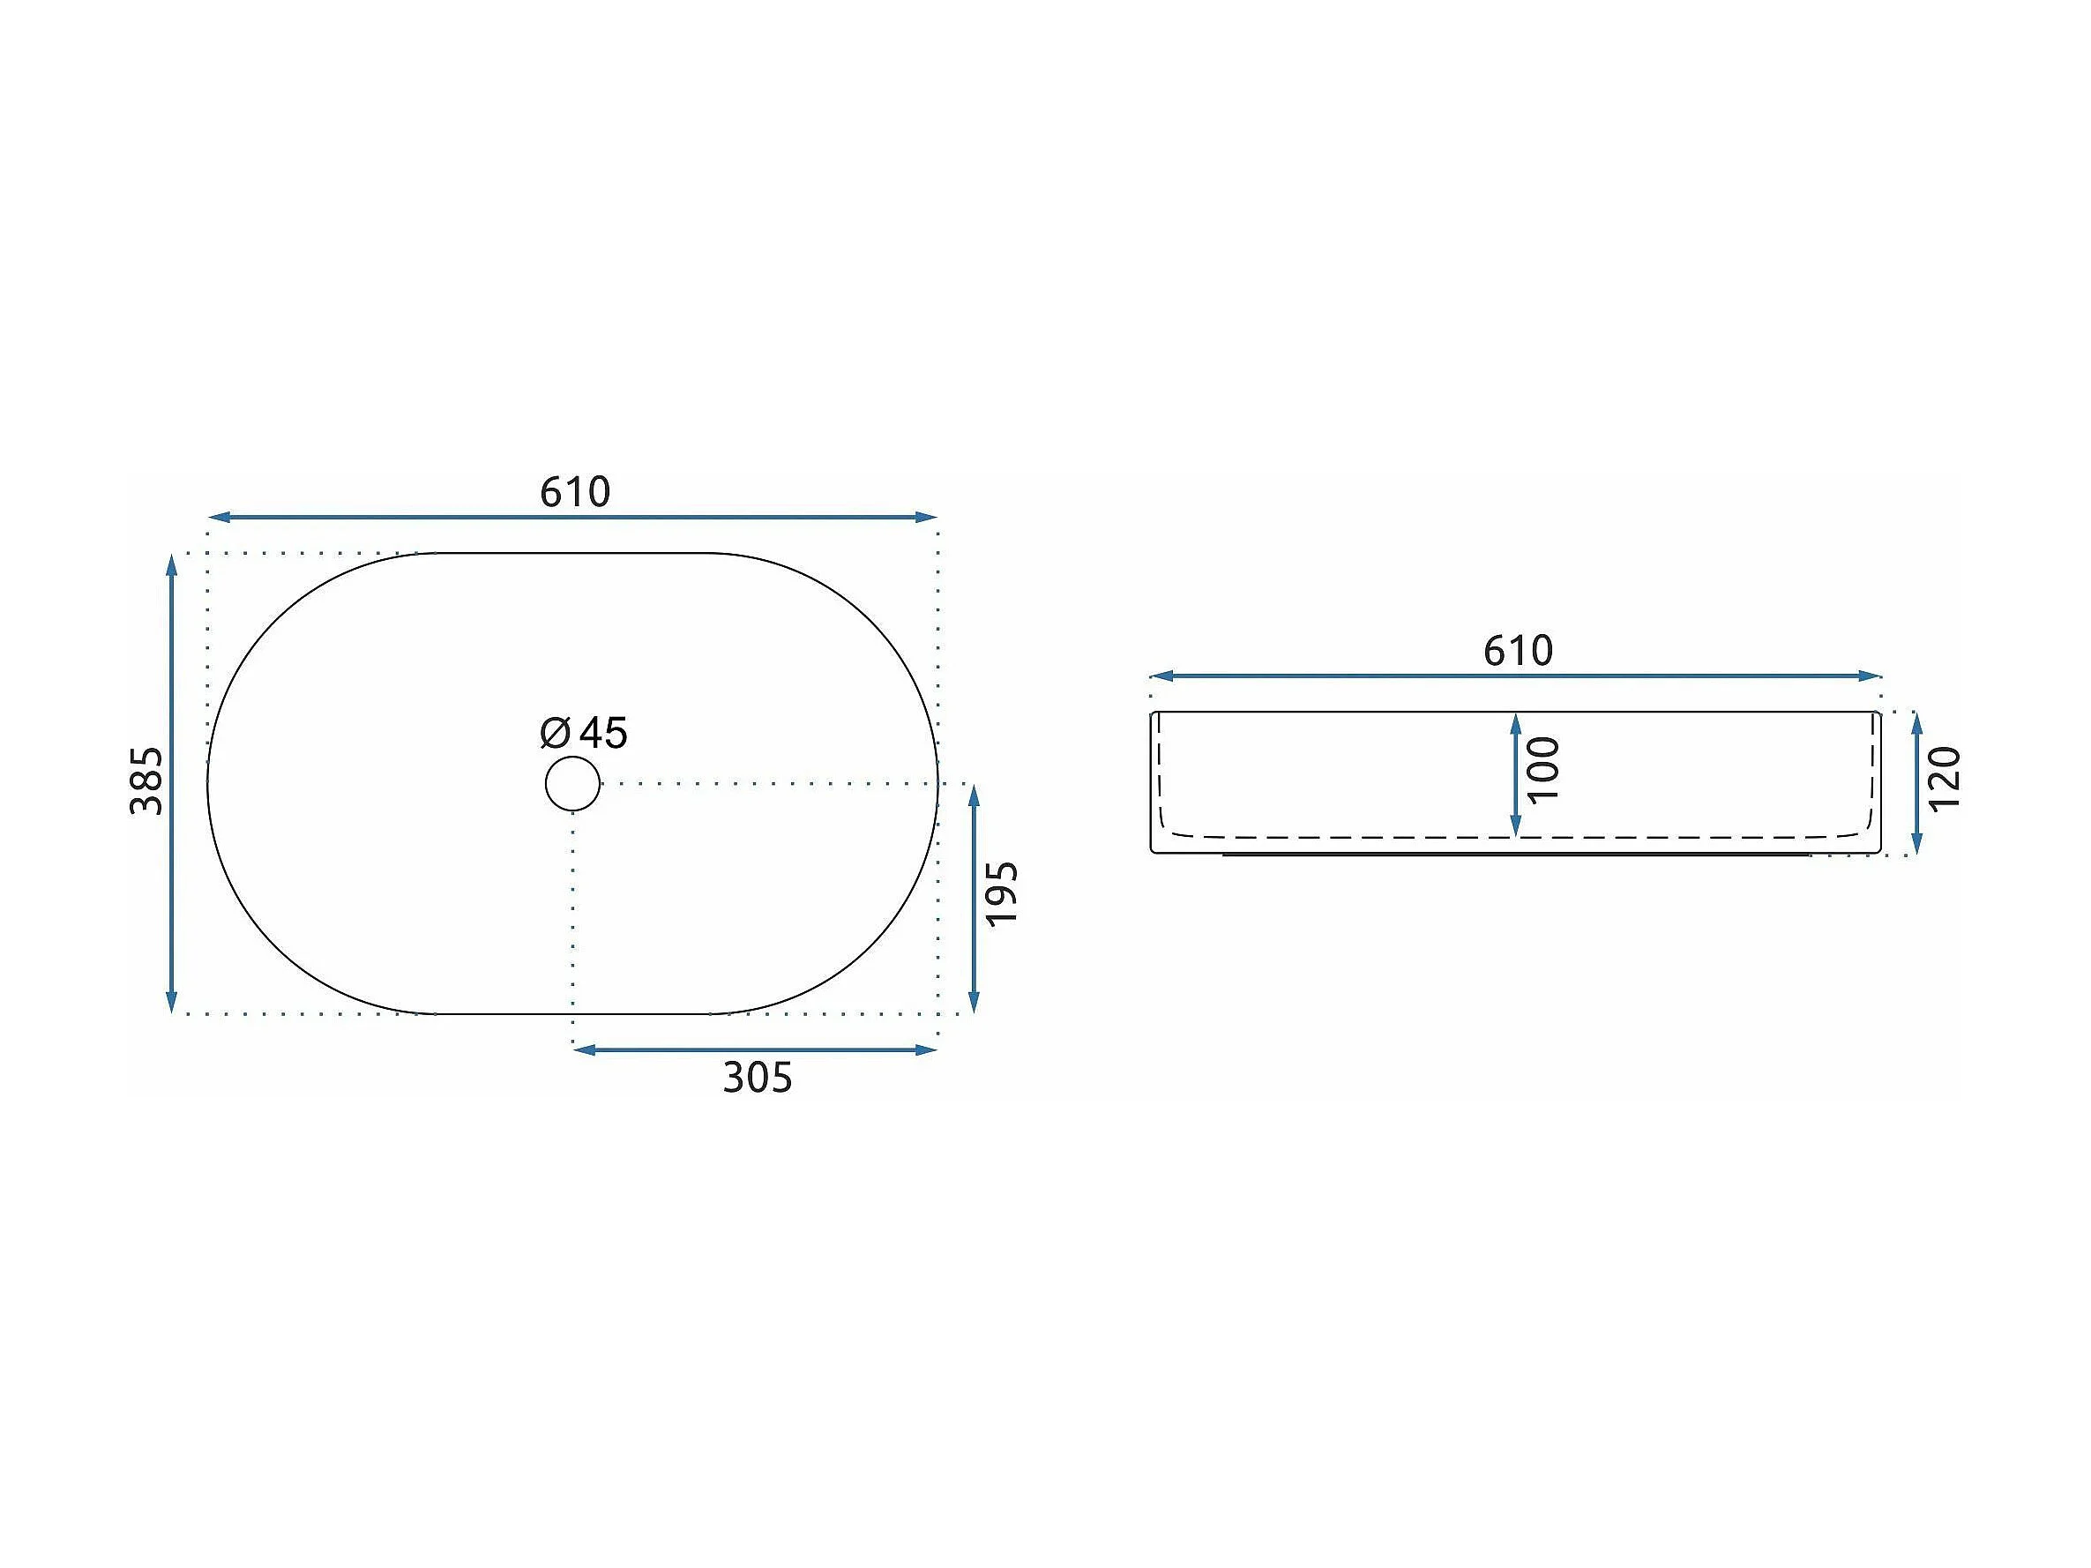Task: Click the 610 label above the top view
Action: tap(575, 492)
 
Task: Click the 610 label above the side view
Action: tap(1517, 651)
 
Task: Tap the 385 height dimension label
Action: tap(146, 780)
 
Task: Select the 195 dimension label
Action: tap(1002, 893)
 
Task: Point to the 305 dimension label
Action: tap(758, 1078)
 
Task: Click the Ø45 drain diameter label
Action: tap(583, 733)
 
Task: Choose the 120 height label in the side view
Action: tap(1945, 779)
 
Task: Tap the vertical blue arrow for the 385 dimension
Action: tap(171, 783)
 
